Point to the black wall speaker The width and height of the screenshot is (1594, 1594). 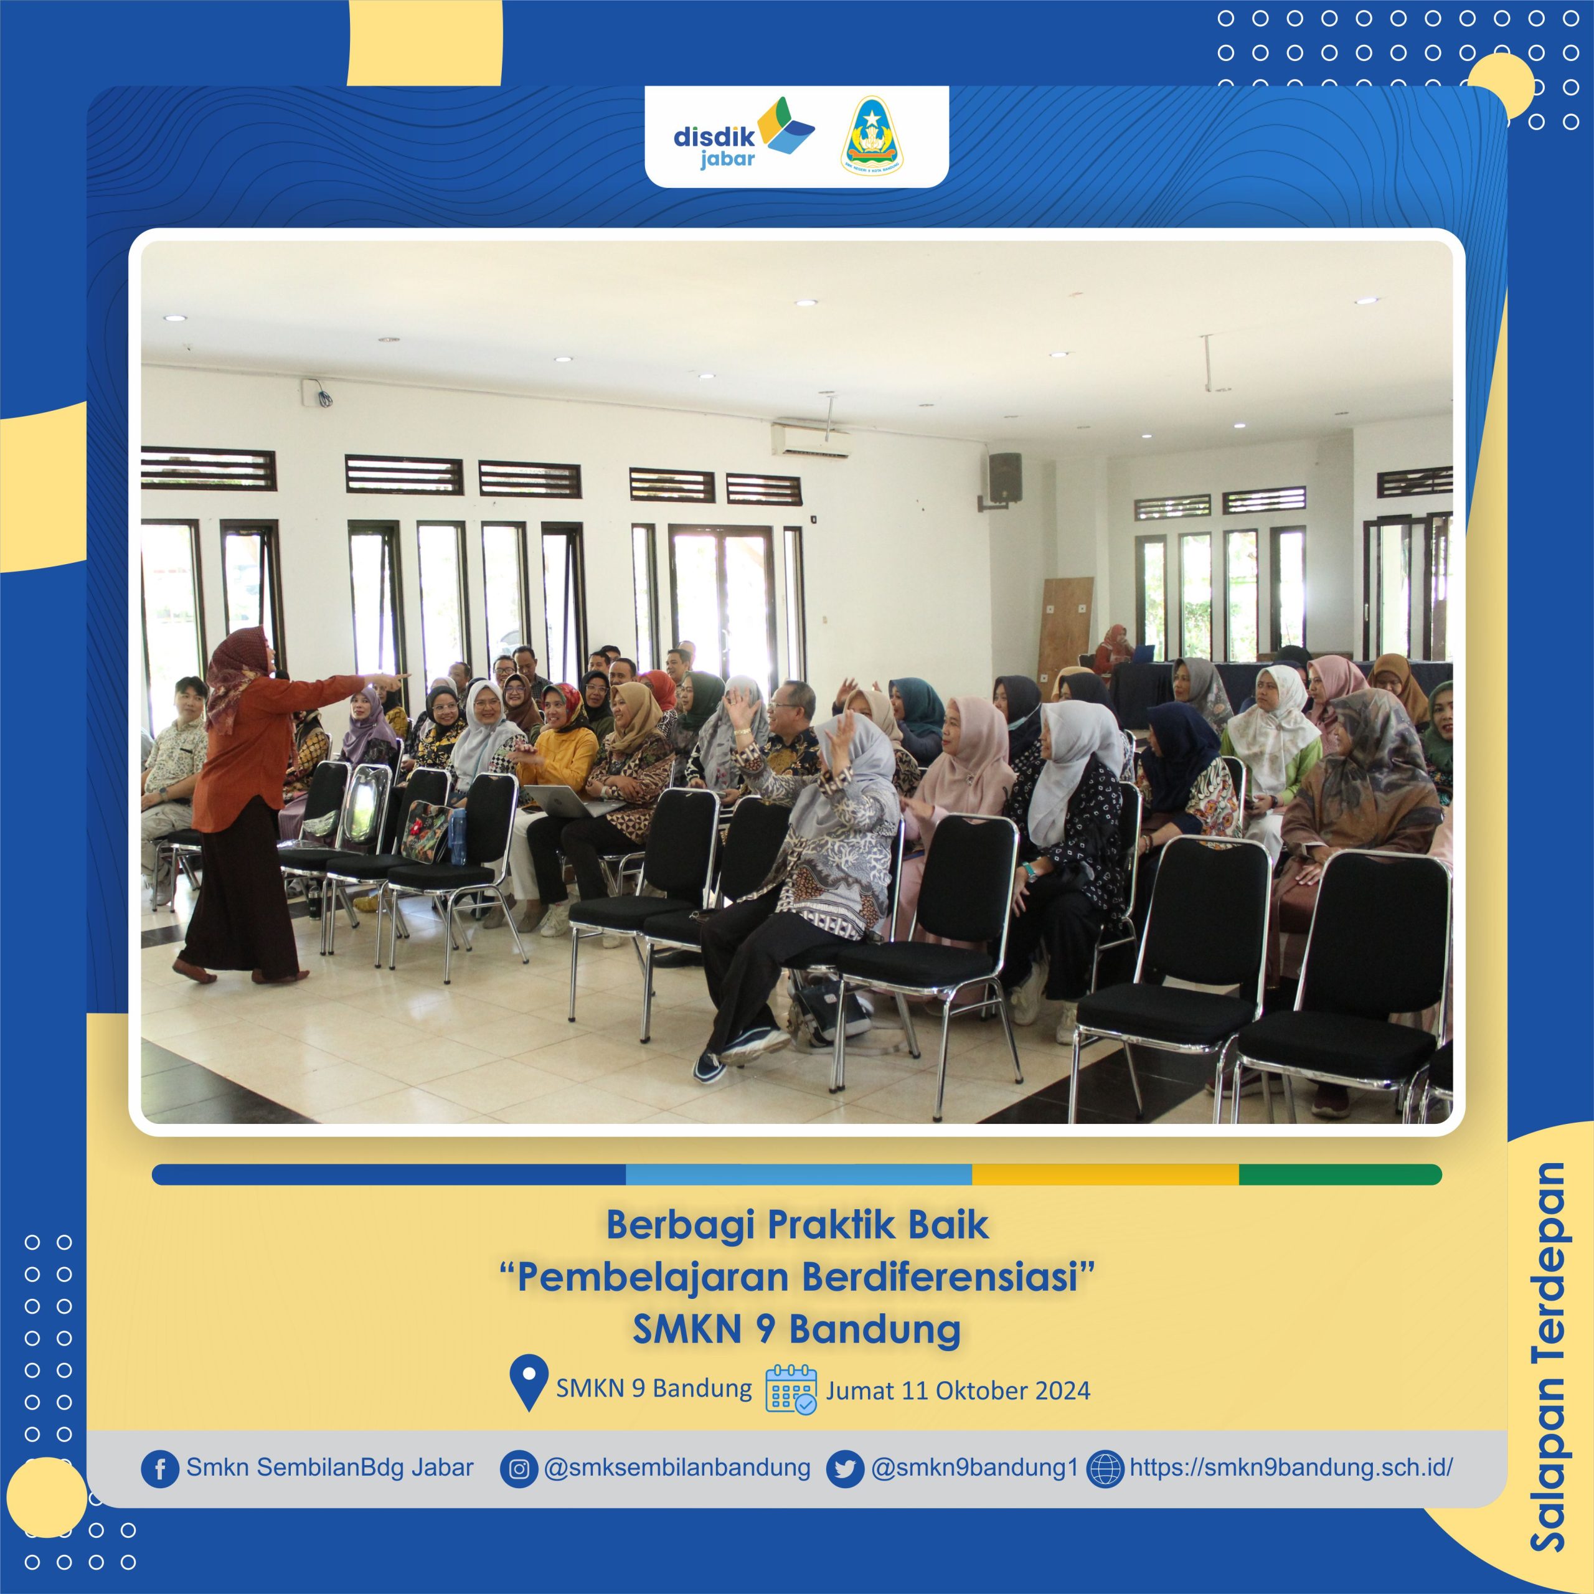[x=1005, y=478]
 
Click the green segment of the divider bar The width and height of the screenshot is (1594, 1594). [x=1340, y=1175]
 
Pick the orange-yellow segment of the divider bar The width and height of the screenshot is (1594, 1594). [x=1106, y=1175]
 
